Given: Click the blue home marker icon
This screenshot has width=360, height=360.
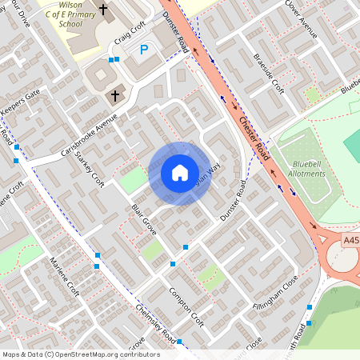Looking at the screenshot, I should click(179, 173).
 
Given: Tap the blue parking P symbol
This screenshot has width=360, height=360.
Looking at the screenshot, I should click(144, 50).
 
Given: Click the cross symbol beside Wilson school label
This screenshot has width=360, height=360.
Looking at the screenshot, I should click(103, 10).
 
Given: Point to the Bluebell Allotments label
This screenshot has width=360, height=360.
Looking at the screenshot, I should click(305, 167).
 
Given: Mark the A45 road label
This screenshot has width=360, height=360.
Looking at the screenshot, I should click(350, 239).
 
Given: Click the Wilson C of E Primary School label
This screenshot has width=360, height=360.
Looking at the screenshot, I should click(66, 14).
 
